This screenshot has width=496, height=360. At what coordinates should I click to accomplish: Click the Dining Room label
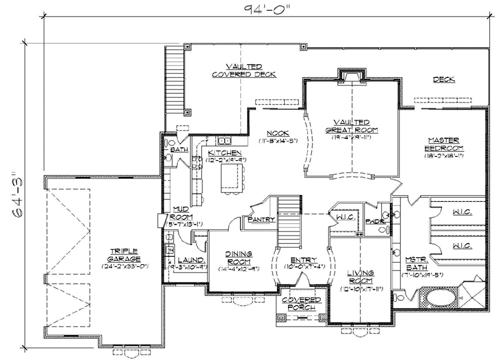(239, 258)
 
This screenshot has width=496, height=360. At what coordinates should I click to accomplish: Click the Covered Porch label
(302, 304)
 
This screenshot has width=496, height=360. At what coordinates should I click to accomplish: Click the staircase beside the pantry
(289, 208)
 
